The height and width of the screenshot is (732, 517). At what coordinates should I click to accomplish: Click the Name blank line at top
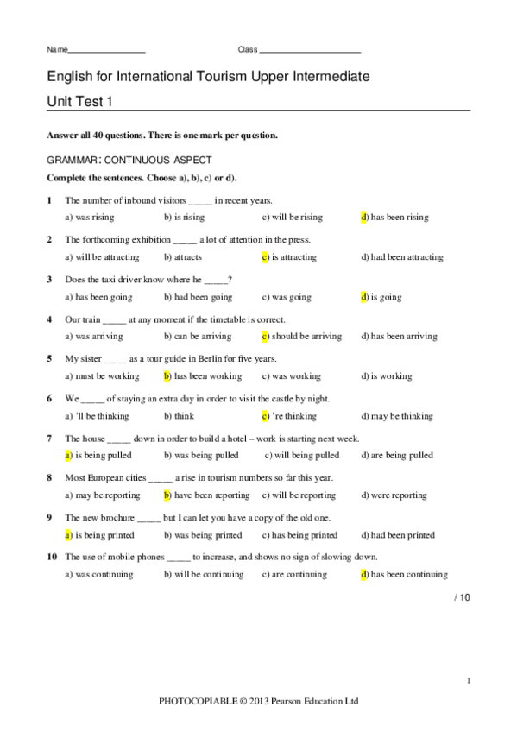click(x=106, y=51)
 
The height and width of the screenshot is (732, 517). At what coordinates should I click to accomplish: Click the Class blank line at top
click(x=310, y=51)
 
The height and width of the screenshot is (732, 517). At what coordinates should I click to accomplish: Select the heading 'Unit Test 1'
click(x=79, y=102)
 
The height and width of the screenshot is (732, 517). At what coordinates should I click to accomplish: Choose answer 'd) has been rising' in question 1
click(x=394, y=217)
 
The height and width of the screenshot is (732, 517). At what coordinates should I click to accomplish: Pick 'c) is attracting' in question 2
click(x=289, y=256)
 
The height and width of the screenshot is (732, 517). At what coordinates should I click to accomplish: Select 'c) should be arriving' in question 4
click(x=301, y=337)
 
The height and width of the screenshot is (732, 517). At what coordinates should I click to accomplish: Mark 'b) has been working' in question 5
click(x=202, y=376)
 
